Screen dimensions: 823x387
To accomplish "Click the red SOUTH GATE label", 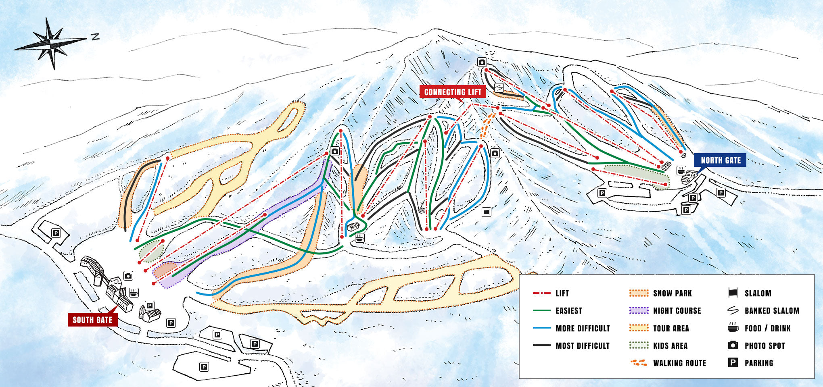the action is point(92,320).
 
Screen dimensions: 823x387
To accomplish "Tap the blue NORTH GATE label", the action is point(721,160).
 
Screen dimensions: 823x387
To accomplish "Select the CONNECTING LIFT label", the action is point(453,92).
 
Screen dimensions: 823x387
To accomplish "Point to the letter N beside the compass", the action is point(95,37).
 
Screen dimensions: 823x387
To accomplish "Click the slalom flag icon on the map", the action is point(487,212).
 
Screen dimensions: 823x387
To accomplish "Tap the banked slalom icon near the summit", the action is point(499,87).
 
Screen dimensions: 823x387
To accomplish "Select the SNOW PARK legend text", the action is point(673,293).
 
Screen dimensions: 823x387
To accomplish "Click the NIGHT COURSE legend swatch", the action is point(639,310).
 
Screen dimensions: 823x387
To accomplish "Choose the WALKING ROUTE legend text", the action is point(679,363).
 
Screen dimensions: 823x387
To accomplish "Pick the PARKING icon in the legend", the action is point(733,363).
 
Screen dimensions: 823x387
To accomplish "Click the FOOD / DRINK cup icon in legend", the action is point(733,327).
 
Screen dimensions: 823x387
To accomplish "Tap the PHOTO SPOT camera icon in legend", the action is point(733,345).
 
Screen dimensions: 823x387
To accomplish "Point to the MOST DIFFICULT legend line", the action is point(541,345).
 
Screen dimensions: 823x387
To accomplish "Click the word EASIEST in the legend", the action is point(569,311).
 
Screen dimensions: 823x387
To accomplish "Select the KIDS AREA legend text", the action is point(670,346).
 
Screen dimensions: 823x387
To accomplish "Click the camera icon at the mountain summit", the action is point(482,62).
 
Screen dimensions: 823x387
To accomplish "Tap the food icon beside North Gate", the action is point(681,170).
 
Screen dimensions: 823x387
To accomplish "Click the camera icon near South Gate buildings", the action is point(128,276).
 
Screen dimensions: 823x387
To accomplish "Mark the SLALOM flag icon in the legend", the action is point(733,293).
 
